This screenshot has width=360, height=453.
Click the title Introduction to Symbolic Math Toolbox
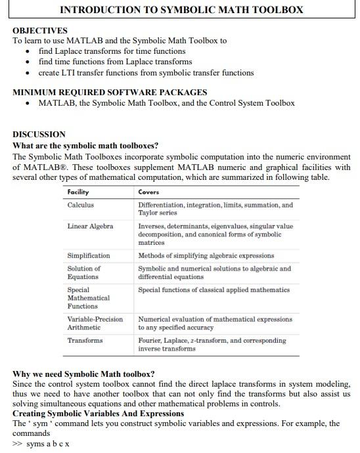tap(181, 10)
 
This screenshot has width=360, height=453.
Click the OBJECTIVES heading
tap(40, 30)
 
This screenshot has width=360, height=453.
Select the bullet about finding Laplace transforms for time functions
tap(112, 51)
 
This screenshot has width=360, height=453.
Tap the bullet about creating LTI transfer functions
tap(137, 73)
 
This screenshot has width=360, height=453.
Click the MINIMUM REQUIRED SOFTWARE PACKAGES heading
tap(110, 92)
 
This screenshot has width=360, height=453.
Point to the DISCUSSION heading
tap(39, 135)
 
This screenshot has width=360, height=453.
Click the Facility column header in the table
tap(78, 192)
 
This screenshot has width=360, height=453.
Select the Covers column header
tap(149, 192)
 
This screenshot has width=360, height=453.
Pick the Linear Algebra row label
tap(90, 226)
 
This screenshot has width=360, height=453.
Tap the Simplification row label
tap(89, 255)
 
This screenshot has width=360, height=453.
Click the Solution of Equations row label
tap(84, 272)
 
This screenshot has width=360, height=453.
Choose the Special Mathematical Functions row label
tap(88, 297)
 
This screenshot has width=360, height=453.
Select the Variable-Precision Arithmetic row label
tap(95, 323)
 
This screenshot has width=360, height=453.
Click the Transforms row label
tap(85, 340)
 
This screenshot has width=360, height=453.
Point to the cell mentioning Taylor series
tap(215, 209)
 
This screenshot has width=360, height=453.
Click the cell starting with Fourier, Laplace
tap(212, 344)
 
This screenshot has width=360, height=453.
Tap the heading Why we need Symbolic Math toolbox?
tap(83, 374)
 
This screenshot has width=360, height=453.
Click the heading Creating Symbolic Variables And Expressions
tap(99, 414)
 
